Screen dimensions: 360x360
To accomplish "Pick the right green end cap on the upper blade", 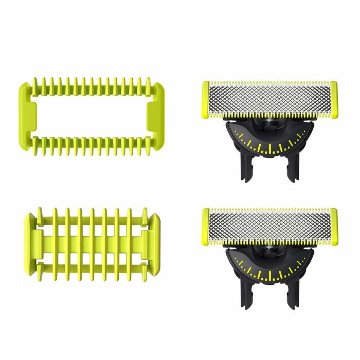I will tap(333, 99).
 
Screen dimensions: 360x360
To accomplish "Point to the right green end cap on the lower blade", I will tap(333, 225).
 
